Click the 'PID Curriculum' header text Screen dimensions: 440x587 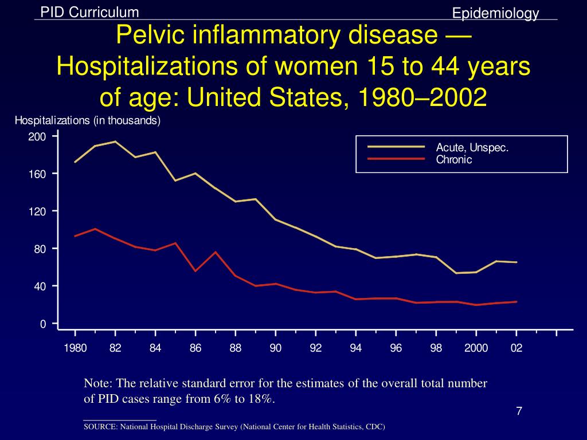click(x=89, y=12)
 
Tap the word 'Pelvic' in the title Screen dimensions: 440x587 click(x=148, y=37)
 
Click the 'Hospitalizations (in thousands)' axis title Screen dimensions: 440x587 click(x=87, y=121)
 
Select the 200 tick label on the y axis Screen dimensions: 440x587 click(x=37, y=137)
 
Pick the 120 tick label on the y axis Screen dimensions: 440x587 click(x=37, y=211)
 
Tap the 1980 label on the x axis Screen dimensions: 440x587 click(x=75, y=348)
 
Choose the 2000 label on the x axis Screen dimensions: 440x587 click(x=476, y=348)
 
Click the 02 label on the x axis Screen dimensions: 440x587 click(x=516, y=348)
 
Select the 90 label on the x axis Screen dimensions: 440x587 click(x=276, y=348)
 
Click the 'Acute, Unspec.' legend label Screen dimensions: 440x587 click(x=472, y=148)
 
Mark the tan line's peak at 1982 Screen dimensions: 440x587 click(x=115, y=142)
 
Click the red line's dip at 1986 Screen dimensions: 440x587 click(x=195, y=271)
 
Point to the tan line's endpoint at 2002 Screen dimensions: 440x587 click(x=516, y=262)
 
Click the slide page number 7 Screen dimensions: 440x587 click(x=519, y=411)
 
